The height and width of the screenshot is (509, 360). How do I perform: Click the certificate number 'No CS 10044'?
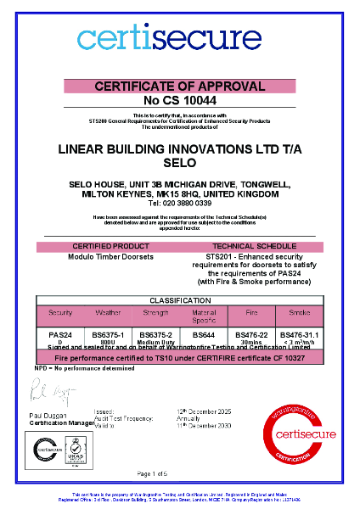179,100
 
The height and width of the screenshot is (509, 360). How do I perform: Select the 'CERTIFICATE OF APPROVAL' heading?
179,87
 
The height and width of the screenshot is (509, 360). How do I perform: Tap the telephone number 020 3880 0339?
179,204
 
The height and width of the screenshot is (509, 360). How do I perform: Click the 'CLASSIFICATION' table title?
179,301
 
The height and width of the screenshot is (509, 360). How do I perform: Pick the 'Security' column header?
60,312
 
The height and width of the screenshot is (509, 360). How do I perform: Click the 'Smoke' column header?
300,312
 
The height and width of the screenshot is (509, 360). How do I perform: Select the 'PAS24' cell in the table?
60,335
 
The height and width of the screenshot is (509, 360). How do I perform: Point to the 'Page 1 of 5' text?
179,473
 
